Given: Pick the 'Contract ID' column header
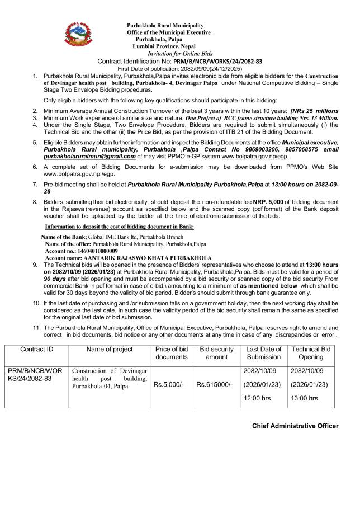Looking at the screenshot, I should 37,350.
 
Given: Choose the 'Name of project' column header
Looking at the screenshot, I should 110,350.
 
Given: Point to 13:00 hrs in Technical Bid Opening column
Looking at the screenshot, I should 306,398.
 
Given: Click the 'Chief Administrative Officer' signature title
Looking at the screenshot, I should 295,426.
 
